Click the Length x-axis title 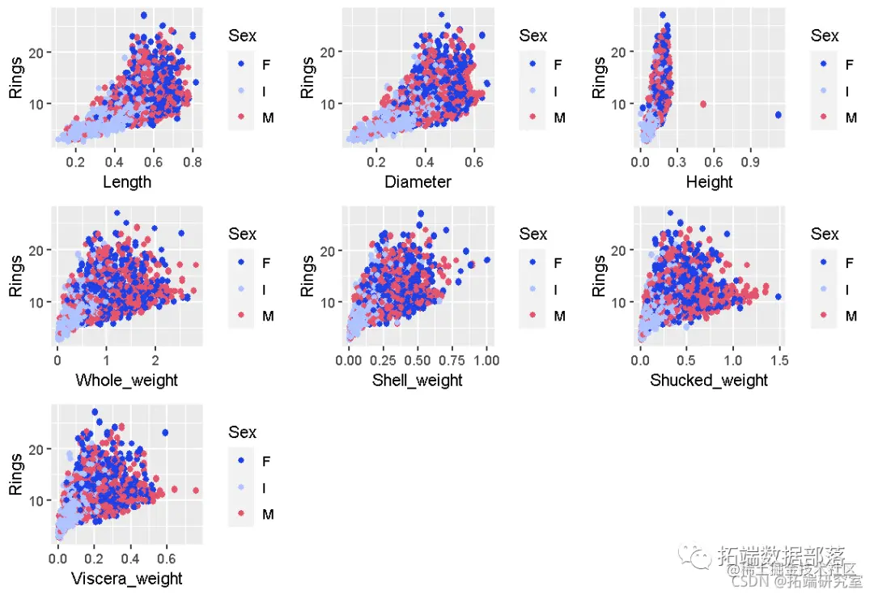[x=127, y=182]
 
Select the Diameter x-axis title [x=418, y=182]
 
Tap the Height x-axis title [x=709, y=182]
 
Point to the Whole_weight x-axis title [x=126, y=380]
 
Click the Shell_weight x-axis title [x=418, y=380]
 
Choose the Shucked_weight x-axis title [x=709, y=380]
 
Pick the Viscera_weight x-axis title [x=127, y=579]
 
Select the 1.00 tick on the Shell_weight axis [x=486, y=361]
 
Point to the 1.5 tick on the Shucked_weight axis [x=779, y=361]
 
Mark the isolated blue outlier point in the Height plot [x=778, y=115]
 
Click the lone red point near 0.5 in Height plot [x=702, y=104]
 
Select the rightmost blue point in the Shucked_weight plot [x=778, y=297]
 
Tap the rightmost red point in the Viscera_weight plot [x=195, y=491]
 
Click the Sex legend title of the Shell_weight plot [x=533, y=234]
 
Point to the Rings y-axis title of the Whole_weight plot [x=16, y=277]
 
